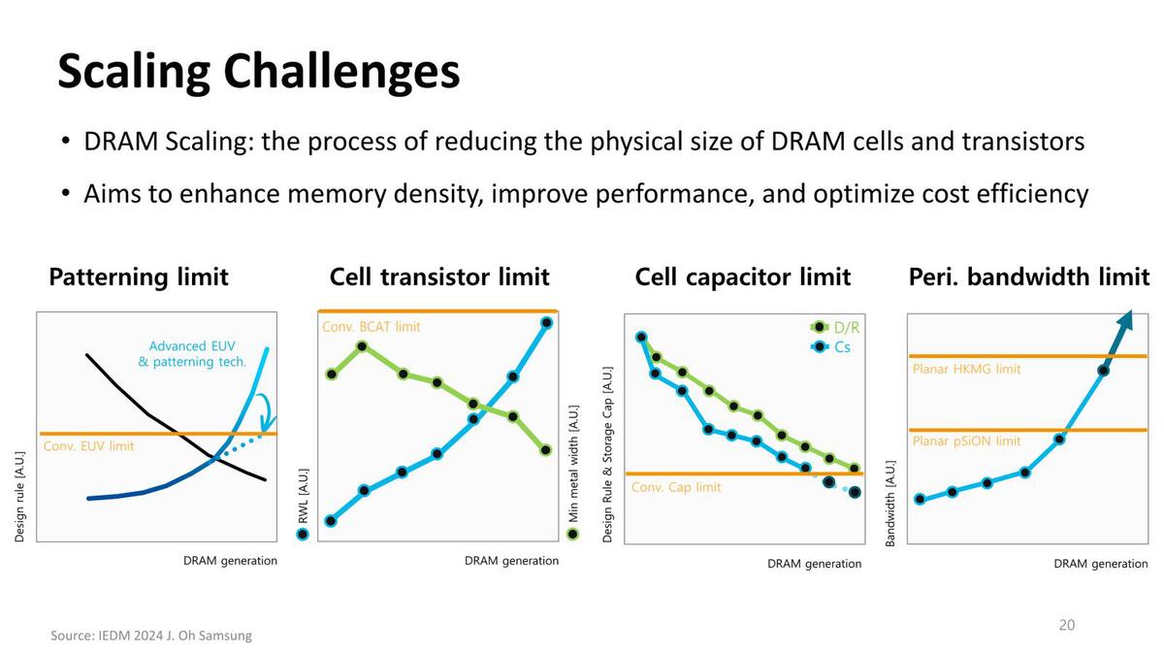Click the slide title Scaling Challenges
pos(258,71)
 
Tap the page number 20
pos(1066,625)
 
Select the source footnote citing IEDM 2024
pos(150,636)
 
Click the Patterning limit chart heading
pos(139,278)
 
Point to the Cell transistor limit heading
pos(439,278)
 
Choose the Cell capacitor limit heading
pos(742,278)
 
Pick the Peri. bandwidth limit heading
pos(1028,278)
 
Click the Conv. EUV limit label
pos(89,446)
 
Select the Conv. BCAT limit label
pos(371,327)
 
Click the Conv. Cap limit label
pos(676,487)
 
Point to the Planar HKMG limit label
pos(966,369)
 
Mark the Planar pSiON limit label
pos(966,442)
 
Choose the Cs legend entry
pos(835,346)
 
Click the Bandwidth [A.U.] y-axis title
pos(890,503)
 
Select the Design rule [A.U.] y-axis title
pos(20,495)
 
